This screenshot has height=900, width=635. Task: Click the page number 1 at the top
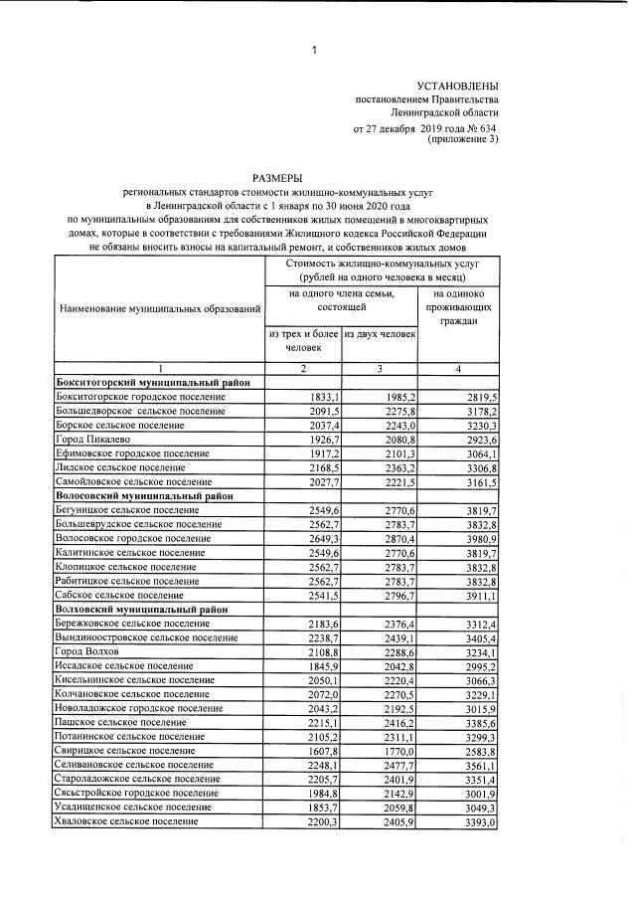pyautogui.click(x=313, y=50)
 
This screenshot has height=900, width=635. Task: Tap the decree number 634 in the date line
pyautogui.click(x=486, y=129)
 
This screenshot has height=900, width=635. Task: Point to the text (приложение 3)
pyautogui.click(x=462, y=140)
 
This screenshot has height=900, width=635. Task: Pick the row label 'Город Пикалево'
pyautogui.click(x=94, y=438)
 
